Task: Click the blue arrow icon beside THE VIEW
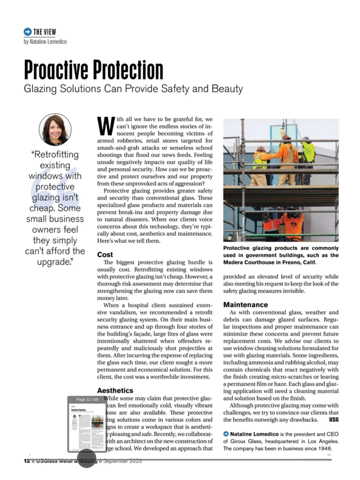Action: [27, 31]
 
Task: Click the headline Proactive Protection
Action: [93, 70]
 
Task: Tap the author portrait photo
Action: [55, 129]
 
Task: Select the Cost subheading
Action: [105, 255]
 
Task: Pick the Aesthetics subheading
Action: [116, 389]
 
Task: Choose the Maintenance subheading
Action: [246, 305]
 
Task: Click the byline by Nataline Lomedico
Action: [45, 41]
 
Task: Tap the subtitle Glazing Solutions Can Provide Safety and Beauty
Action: [133, 89]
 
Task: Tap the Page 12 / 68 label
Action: [87, 399]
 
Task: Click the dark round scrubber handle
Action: [86, 458]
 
